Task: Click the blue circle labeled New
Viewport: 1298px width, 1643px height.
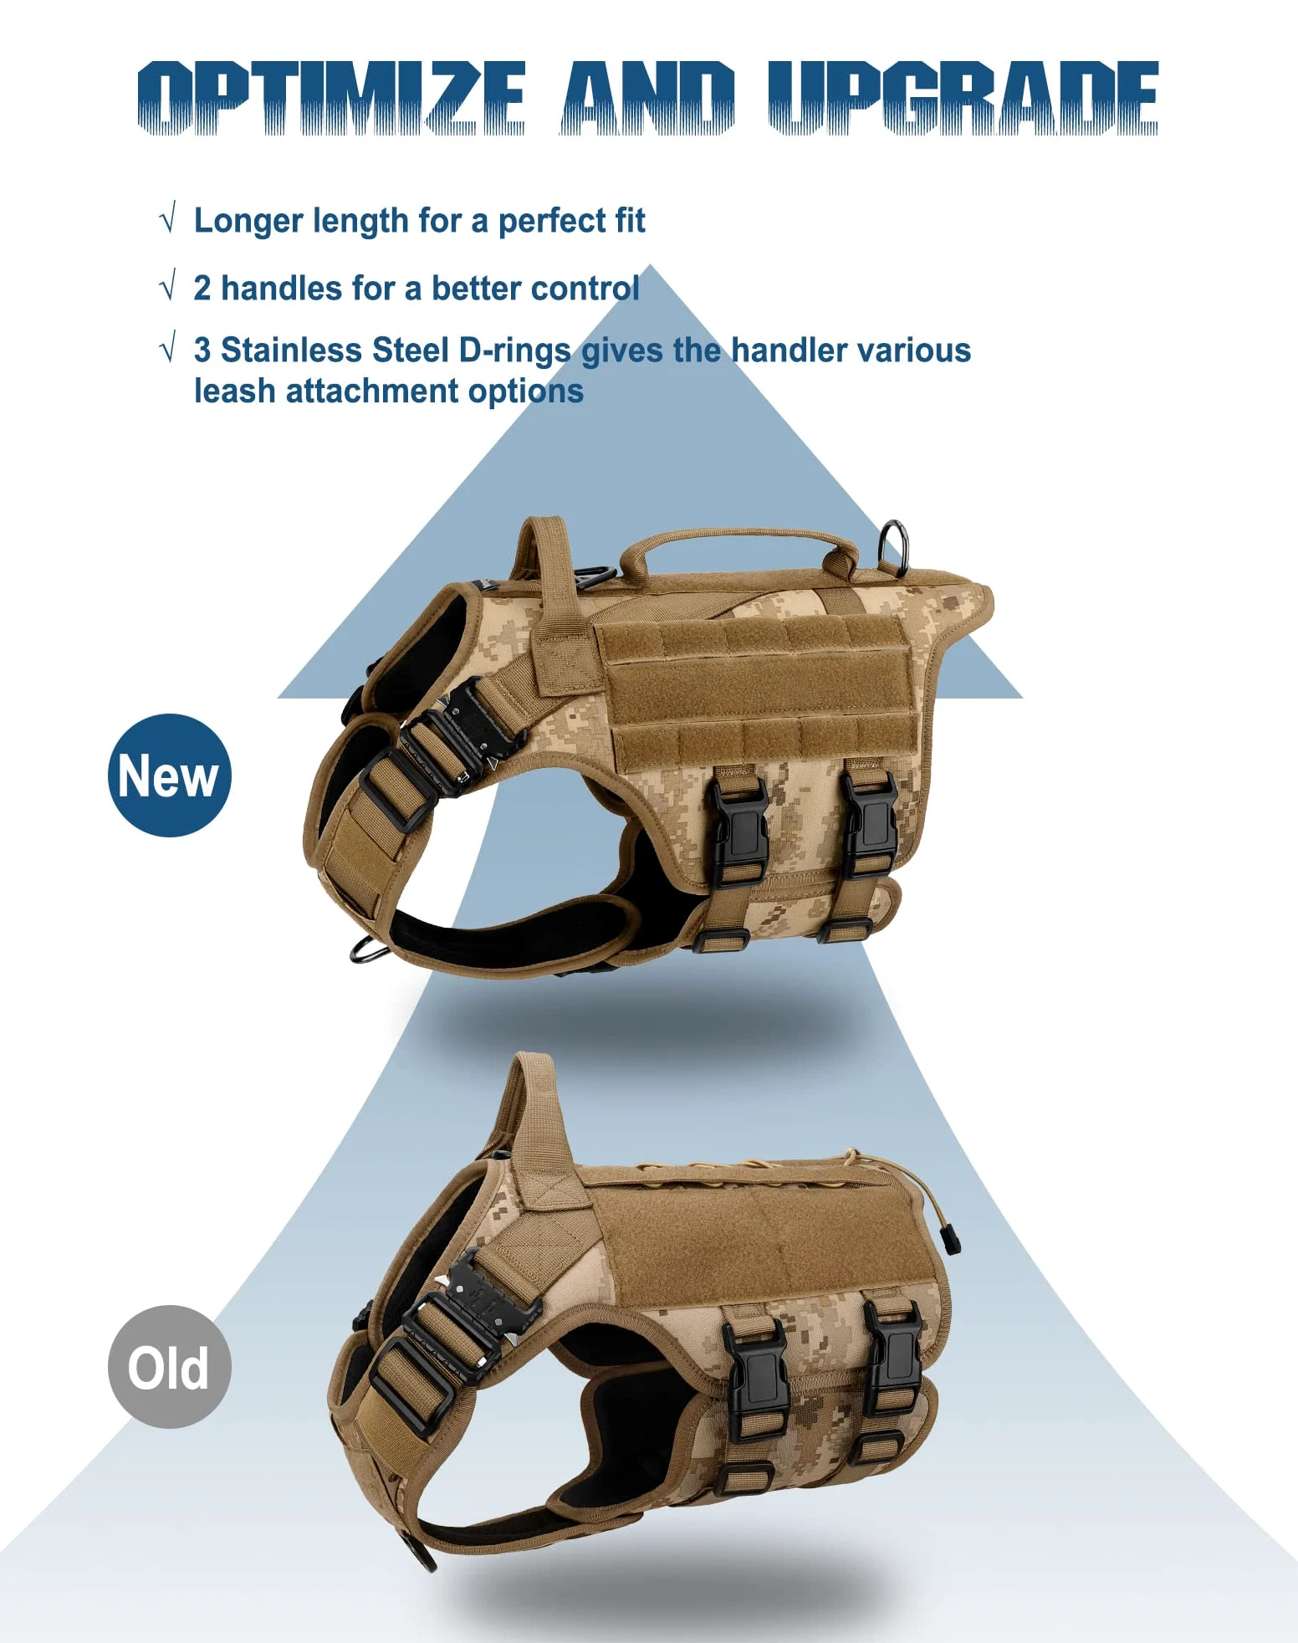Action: point(170,775)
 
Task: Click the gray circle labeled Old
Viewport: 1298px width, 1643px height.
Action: point(170,1366)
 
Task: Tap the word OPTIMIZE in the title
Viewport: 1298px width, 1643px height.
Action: point(331,98)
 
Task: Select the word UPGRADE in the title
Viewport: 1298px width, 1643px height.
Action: point(963,98)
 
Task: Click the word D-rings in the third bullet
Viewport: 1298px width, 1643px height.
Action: point(515,351)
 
